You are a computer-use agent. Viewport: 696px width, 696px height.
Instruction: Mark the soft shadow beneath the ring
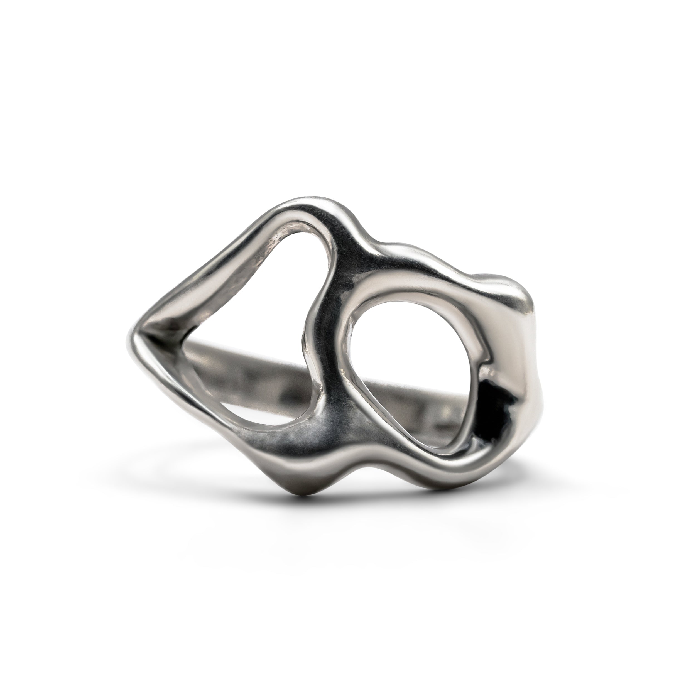tap(360, 511)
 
